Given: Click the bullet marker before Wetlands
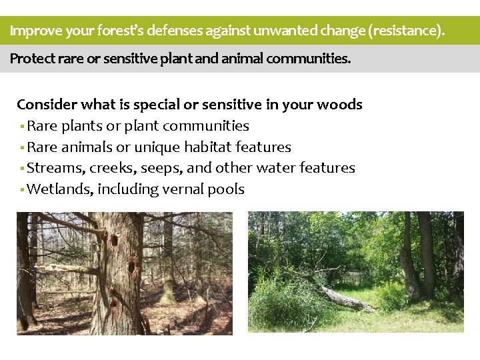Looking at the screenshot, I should click(22, 190).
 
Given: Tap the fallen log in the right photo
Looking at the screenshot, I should click(340, 297).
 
